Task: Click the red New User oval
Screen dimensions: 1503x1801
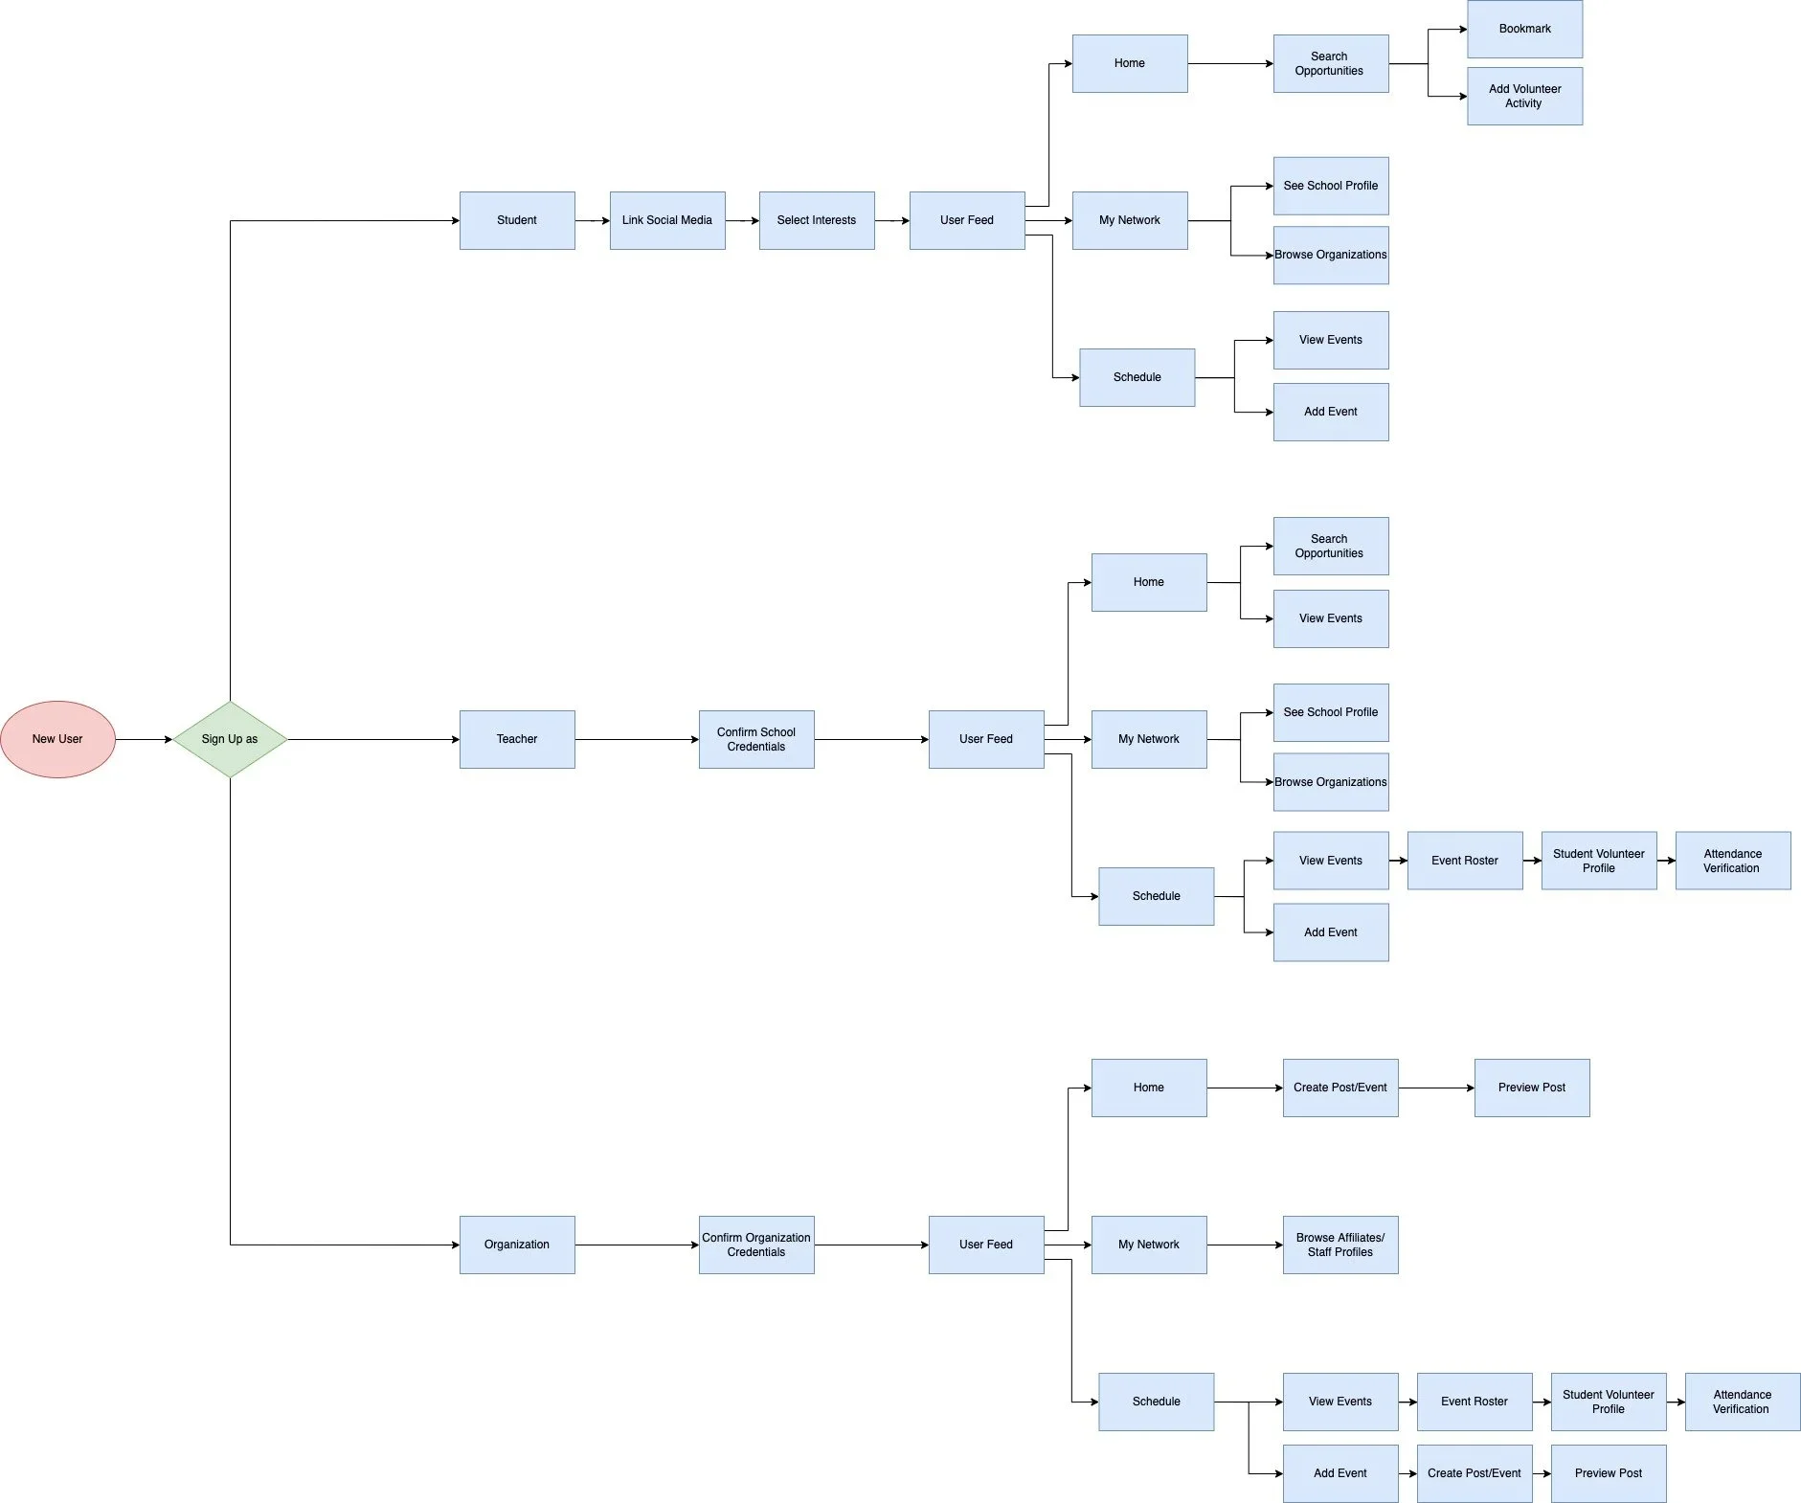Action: (x=57, y=739)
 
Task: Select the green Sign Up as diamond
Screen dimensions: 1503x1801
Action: (x=230, y=739)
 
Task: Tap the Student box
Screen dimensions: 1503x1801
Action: (x=517, y=220)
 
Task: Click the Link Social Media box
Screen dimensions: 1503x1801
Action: (x=667, y=220)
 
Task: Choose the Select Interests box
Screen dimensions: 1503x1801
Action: (x=817, y=220)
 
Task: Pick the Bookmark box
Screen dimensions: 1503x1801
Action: (x=1524, y=29)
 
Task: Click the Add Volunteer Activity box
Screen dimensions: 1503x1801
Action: (x=1524, y=96)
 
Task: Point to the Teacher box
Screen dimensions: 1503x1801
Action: (x=517, y=739)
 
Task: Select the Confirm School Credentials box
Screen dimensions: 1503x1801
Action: (x=756, y=739)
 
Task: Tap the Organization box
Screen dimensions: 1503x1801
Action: (x=517, y=1245)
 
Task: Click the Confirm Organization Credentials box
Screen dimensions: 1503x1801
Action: (x=756, y=1245)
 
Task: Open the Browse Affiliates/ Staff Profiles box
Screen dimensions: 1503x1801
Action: (x=1340, y=1245)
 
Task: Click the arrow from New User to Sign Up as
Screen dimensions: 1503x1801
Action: (x=144, y=739)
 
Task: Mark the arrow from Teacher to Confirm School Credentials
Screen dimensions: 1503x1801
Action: (x=637, y=739)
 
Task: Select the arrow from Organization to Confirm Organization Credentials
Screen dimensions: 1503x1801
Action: (x=637, y=1245)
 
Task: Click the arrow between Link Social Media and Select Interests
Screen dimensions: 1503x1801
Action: (x=742, y=220)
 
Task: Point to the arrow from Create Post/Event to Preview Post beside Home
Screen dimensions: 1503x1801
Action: (x=1436, y=1088)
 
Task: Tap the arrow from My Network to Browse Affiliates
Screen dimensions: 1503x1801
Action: (x=1245, y=1245)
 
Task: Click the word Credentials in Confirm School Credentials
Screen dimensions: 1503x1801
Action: (x=756, y=747)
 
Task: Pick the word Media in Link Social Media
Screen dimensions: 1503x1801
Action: (x=696, y=220)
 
